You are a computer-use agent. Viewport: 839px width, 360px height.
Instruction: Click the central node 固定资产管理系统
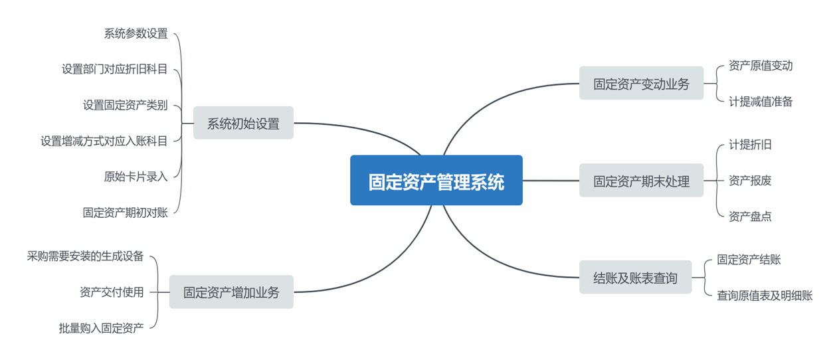(436, 181)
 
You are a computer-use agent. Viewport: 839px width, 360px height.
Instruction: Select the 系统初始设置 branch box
(243, 123)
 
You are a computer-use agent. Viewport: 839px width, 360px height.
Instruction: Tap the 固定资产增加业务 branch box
(231, 292)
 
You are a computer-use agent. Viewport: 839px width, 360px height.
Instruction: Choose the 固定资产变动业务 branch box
(641, 84)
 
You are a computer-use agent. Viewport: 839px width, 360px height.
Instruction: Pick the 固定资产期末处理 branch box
(641, 181)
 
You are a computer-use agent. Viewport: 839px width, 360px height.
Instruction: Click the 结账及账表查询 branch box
(635, 278)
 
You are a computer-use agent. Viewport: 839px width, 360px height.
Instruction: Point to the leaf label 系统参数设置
(136, 33)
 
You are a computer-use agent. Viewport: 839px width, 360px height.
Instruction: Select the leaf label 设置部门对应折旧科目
(114, 69)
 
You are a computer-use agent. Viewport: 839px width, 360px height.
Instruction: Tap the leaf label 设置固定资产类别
(125, 105)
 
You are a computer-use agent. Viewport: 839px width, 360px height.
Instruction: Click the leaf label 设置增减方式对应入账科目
(104, 141)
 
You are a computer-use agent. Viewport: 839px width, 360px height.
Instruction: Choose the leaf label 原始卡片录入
(136, 177)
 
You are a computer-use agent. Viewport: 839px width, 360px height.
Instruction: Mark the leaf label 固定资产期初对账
(125, 213)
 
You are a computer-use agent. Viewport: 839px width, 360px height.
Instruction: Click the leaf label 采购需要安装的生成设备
(85, 256)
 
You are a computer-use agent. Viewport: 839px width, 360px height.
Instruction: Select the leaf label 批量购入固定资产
(101, 328)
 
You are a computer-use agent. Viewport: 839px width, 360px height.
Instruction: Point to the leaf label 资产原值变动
(761, 66)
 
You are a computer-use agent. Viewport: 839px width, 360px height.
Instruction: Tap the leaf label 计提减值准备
(761, 102)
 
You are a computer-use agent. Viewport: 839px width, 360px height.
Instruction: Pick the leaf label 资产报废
(750, 181)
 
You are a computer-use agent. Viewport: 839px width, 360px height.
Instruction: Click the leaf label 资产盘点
(750, 217)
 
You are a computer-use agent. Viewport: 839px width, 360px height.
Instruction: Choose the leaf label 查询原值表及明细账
(765, 296)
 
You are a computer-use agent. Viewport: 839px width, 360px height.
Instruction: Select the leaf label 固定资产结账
(749, 260)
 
